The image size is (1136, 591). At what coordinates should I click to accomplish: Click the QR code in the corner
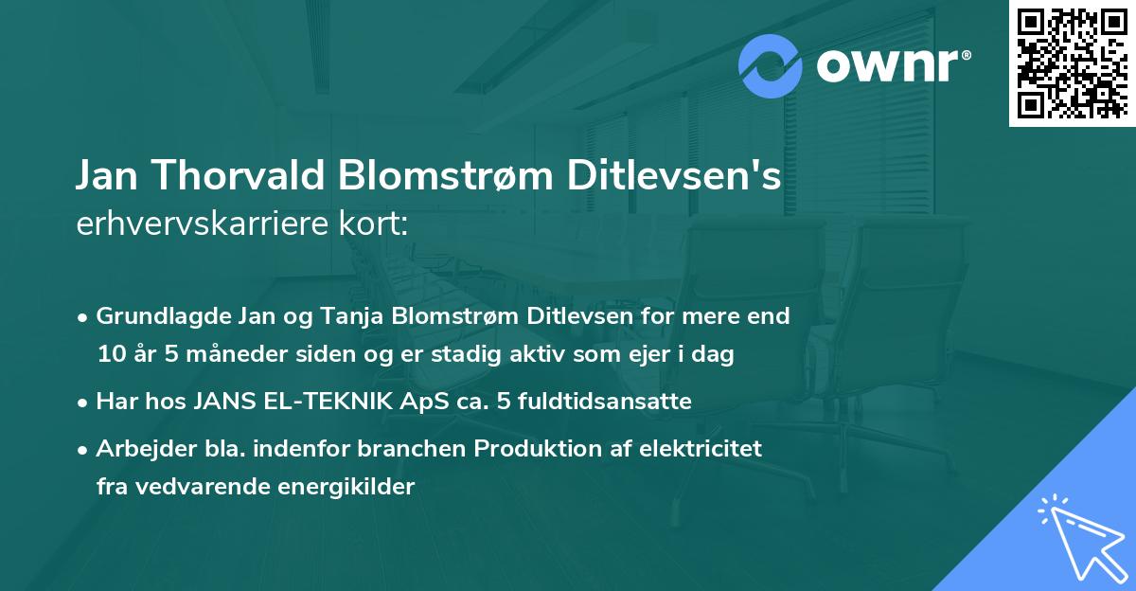pos(1072,63)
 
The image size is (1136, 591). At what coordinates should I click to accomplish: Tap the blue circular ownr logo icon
pos(771,66)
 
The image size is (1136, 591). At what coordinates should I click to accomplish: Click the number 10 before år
pos(110,354)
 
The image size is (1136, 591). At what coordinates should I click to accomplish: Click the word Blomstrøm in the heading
pos(439,177)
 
